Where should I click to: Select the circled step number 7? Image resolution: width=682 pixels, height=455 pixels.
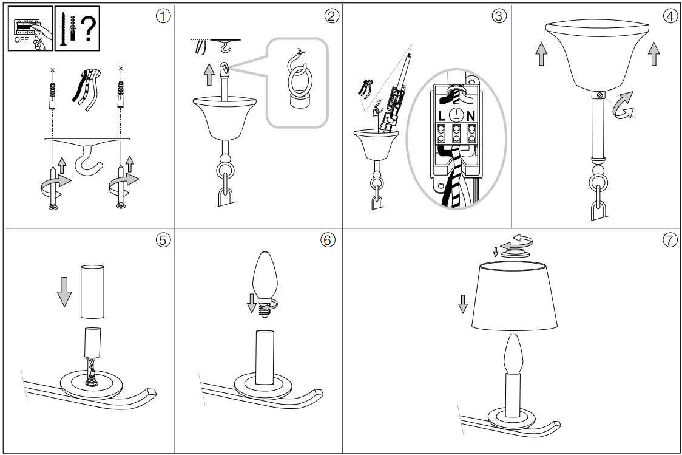click(x=669, y=240)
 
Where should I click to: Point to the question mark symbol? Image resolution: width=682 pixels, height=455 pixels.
click(x=86, y=28)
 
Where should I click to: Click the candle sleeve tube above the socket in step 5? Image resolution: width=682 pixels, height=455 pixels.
click(x=93, y=292)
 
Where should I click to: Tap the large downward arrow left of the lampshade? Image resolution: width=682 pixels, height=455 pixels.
click(x=463, y=303)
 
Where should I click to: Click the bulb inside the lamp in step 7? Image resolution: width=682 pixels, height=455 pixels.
click(x=513, y=354)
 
